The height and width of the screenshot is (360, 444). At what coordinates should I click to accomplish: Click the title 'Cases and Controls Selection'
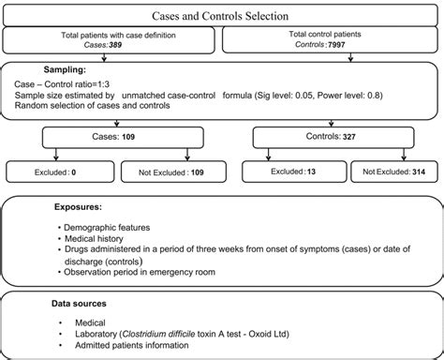tap(221, 17)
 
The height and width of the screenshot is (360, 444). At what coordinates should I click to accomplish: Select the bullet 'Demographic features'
tap(103, 226)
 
